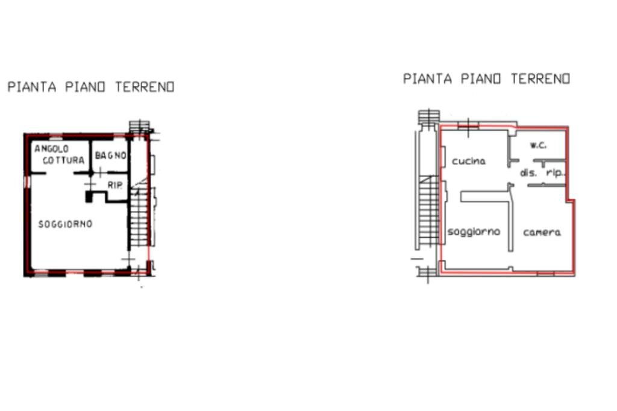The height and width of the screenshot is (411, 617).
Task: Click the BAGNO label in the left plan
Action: [110, 155]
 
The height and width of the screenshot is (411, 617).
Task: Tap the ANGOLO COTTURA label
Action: [59, 154]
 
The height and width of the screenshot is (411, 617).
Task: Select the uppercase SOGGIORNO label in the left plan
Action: [65, 224]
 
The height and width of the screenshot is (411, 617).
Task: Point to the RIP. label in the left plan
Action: [114, 185]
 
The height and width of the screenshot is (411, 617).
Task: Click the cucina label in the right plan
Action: [469, 162]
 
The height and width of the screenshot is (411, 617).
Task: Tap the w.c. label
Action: [538, 145]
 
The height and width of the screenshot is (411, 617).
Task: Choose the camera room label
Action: [542, 232]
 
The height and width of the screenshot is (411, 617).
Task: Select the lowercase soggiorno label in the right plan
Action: [474, 231]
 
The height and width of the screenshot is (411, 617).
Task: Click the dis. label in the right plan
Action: [528, 173]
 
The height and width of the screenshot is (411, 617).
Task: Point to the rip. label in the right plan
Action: [554, 173]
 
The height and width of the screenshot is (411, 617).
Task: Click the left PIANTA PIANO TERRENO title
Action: [91, 87]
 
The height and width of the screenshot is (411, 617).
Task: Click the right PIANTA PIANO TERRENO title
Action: [486, 78]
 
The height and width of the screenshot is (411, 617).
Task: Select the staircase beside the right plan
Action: [429, 211]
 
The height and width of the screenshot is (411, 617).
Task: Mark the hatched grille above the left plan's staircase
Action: [139, 127]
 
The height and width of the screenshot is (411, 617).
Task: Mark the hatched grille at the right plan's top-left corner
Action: [429, 117]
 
